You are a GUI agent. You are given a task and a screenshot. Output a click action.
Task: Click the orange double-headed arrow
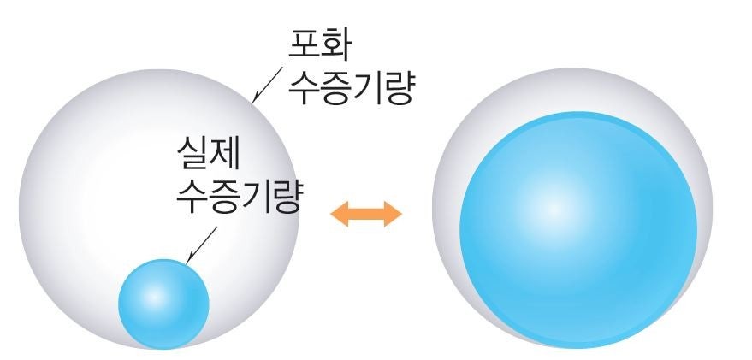(x=366, y=213)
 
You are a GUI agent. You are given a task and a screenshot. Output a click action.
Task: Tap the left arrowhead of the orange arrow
(x=340, y=213)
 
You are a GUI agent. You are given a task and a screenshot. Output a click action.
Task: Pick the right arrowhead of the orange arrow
(x=393, y=213)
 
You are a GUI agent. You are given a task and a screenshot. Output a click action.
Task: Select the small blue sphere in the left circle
(x=163, y=303)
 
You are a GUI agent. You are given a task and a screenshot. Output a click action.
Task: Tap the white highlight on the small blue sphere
(x=155, y=295)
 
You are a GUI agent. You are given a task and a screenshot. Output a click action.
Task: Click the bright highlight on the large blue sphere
(x=554, y=210)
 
